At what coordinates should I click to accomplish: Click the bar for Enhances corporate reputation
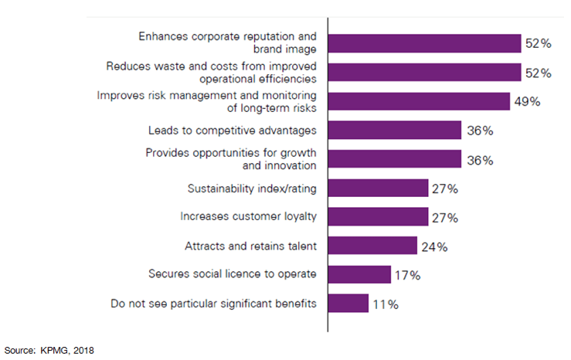[x=424, y=43]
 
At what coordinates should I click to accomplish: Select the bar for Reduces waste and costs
[x=424, y=73]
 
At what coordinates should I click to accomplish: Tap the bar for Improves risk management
[x=419, y=101]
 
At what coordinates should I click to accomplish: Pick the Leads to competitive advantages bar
[x=395, y=131]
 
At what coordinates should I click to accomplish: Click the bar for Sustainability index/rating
[x=378, y=188]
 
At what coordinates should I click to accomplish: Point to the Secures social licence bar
[x=360, y=275]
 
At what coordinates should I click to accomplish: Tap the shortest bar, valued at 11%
[x=348, y=304]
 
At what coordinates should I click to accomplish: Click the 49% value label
[x=527, y=102]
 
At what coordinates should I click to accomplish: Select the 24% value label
[x=434, y=247]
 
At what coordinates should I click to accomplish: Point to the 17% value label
[x=408, y=276]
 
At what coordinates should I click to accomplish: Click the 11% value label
[x=386, y=304]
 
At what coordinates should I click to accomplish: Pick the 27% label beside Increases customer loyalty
[x=444, y=218]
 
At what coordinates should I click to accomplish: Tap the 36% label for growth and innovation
[x=478, y=160]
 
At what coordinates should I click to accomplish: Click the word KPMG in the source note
[x=54, y=350]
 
